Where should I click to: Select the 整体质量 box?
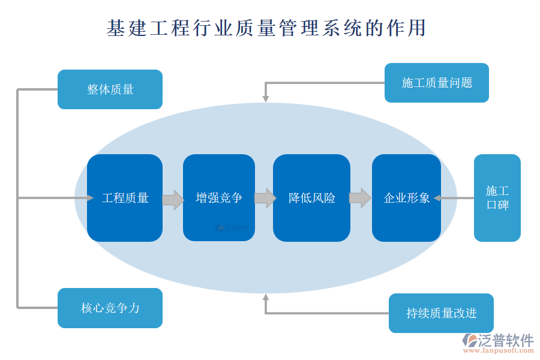click(110, 89)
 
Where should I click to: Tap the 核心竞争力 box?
click(110, 308)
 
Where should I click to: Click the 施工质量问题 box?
click(436, 83)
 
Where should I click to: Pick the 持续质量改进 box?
click(441, 313)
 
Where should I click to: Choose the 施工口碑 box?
click(497, 198)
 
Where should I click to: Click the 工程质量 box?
click(125, 198)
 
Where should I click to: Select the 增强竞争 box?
click(219, 198)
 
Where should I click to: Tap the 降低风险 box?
click(311, 198)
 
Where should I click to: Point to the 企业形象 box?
click(406, 198)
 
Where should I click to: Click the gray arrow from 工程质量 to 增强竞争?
click(173, 199)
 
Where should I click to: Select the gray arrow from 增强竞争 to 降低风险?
click(265, 198)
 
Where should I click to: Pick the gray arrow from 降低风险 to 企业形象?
click(360, 198)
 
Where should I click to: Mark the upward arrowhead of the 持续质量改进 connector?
click(265, 298)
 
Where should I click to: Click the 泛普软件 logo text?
click(505, 340)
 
